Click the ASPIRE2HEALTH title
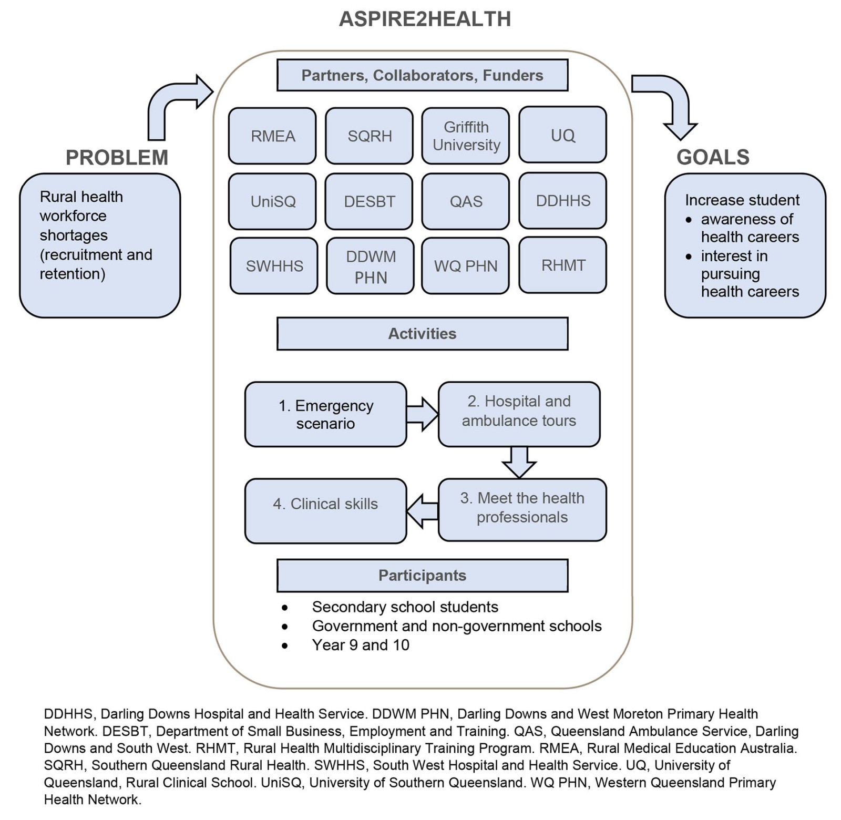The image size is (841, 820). pyautogui.click(x=425, y=19)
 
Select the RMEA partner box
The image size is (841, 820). pyautogui.click(x=272, y=136)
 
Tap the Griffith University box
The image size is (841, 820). pyautogui.click(x=466, y=136)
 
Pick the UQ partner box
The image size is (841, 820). pyautogui.click(x=562, y=135)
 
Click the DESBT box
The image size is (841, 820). pyautogui.click(x=369, y=201)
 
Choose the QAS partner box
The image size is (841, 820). pyautogui.click(x=466, y=201)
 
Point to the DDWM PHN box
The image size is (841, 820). pyautogui.click(x=370, y=266)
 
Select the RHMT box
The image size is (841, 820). pyautogui.click(x=562, y=265)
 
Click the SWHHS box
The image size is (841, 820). pyautogui.click(x=274, y=266)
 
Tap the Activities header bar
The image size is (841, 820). pyautogui.click(x=422, y=334)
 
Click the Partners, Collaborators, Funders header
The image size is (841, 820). pyautogui.click(x=422, y=76)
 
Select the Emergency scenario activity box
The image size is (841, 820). pyautogui.click(x=325, y=414)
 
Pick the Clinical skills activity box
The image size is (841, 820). pyautogui.click(x=325, y=510)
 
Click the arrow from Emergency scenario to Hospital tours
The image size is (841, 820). pyautogui.click(x=422, y=414)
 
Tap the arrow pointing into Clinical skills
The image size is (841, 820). pyautogui.click(x=422, y=510)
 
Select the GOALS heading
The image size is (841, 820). pyautogui.click(x=713, y=157)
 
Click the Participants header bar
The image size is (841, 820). pyautogui.click(x=422, y=576)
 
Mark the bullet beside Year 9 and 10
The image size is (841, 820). pyautogui.click(x=284, y=645)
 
